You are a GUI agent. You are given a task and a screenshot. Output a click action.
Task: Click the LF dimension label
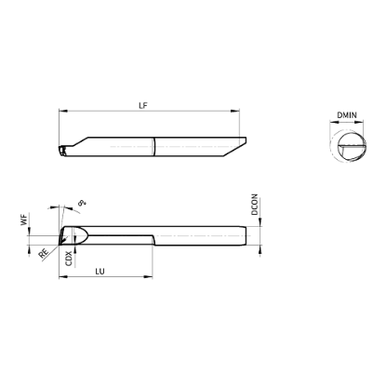coord(143,105)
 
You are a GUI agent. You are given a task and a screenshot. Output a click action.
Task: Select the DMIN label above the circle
coord(347,115)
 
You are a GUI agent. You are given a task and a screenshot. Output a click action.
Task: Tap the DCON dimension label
coord(255,205)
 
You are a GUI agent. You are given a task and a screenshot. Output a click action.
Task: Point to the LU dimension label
coord(100,272)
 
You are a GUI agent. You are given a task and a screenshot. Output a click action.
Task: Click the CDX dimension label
coord(69,259)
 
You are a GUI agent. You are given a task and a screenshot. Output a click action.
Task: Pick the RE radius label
coord(44,254)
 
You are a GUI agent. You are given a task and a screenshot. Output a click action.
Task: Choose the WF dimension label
coord(24,220)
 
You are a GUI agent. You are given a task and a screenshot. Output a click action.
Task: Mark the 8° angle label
coord(82,204)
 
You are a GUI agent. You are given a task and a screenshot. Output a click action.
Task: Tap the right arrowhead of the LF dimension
coord(235,111)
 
